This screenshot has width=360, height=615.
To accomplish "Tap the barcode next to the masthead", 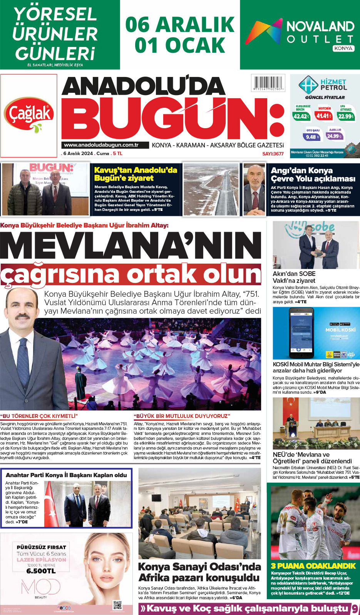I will [x=268, y=83].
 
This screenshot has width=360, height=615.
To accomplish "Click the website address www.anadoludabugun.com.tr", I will [x=101, y=145].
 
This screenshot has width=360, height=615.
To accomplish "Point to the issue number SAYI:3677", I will [x=273, y=154].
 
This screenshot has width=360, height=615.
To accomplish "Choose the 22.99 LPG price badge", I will [x=346, y=116].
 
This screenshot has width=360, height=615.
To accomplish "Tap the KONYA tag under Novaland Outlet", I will [x=343, y=48].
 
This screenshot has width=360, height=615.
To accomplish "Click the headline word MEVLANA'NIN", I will [x=131, y=245].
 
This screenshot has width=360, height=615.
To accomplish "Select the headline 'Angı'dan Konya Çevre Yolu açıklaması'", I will [x=313, y=174].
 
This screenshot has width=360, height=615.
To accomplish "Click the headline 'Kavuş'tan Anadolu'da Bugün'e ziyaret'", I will [x=136, y=174].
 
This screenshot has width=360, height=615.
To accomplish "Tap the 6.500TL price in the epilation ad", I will [x=41, y=571].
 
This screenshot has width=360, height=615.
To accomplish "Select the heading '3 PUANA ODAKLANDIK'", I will [x=313, y=566].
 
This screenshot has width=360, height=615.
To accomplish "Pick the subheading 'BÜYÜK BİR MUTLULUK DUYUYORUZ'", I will [x=182, y=416].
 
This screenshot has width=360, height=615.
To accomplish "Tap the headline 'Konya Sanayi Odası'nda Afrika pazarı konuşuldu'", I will [x=199, y=572].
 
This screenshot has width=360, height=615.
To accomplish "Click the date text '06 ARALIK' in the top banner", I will [x=180, y=25].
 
